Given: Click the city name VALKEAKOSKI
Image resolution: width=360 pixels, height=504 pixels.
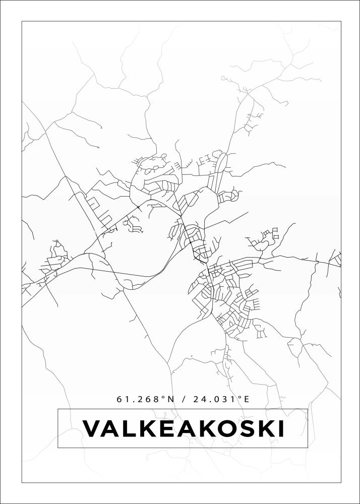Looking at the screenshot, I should [x=183, y=429].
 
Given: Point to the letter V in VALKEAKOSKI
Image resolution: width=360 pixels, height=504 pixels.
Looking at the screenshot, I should [x=92, y=429].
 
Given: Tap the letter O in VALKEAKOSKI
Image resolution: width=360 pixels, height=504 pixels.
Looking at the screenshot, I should [x=223, y=429].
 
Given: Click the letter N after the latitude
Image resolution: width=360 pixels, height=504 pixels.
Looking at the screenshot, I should [x=170, y=399].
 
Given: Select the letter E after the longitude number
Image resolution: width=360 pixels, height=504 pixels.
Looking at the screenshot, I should [x=247, y=399].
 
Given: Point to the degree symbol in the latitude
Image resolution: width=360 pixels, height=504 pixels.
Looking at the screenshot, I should [x=163, y=397].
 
